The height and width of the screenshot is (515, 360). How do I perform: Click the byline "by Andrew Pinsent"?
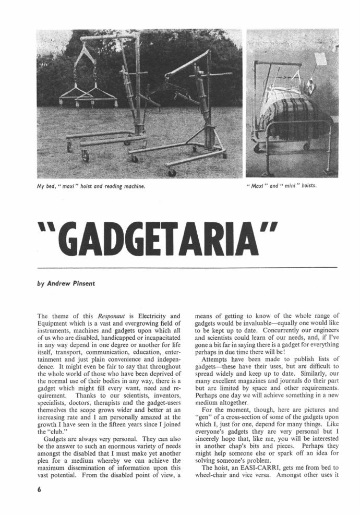click(65, 285)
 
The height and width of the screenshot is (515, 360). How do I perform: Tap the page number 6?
click(40, 490)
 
